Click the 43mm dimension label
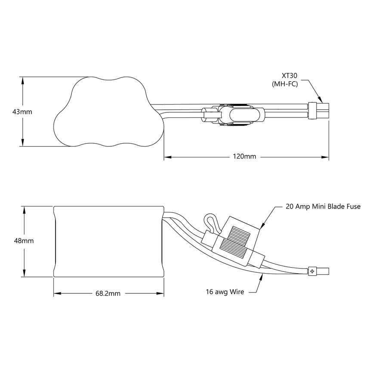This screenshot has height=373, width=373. (x=22, y=111)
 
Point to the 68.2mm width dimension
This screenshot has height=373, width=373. (x=108, y=293)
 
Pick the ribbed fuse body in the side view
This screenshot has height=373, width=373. (x=234, y=242)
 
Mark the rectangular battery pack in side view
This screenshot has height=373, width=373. (x=108, y=241)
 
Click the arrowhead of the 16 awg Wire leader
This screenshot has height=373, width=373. (x=261, y=275)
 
